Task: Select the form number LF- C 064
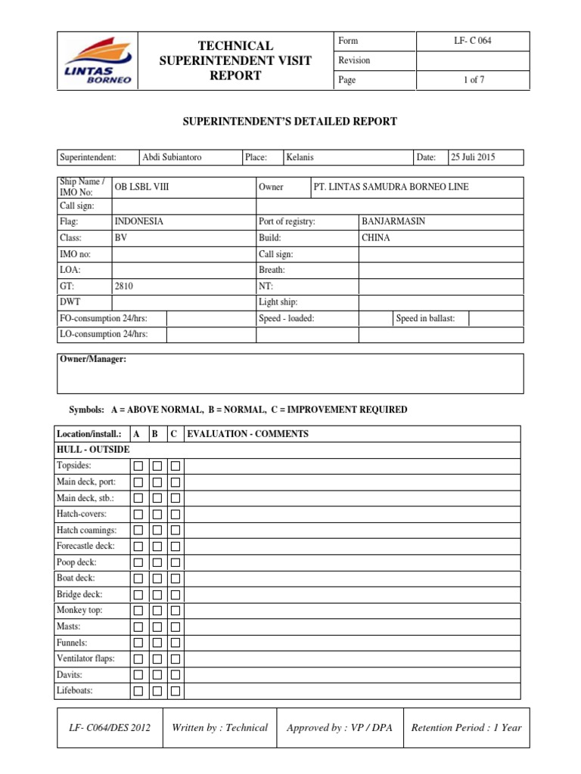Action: coord(473,41)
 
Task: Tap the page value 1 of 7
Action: coord(473,80)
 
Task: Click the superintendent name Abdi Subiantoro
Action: coord(172,157)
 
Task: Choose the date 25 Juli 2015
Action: coord(474,157)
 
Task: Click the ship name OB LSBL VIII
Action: coord(141,187)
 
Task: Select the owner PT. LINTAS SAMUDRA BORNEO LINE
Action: coord(391,187)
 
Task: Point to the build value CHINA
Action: coord(376,237)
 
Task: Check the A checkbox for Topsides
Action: coord(138,466)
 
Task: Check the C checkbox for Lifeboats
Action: coord(175,691)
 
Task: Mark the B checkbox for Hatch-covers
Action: coord(157,515)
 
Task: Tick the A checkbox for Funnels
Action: coord(138,643)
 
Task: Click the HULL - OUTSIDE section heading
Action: coord(93,450)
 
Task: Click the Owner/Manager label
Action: coord(93,359)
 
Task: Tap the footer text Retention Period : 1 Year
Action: coord(466,728)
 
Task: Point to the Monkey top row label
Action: coord(79,610)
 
